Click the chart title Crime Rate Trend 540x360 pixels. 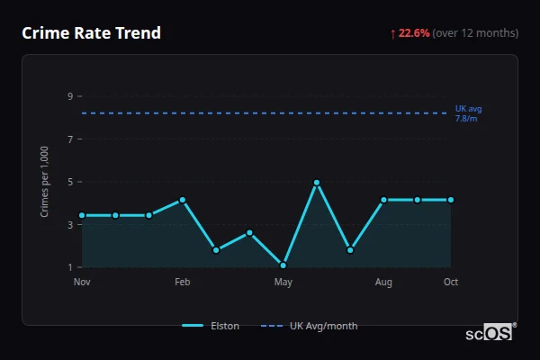92,33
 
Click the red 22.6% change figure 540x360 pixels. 415,33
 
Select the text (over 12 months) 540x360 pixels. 475,33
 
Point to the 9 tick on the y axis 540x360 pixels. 69,96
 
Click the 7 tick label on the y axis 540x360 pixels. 69,139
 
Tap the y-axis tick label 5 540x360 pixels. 69,182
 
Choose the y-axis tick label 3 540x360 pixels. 69,225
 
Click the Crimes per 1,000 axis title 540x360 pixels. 45,183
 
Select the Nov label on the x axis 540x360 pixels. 82,283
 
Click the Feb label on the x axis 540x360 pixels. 182,283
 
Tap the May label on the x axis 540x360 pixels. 283,283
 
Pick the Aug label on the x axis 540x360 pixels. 383,283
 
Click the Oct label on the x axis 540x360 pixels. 451,283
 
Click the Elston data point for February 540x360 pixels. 182,200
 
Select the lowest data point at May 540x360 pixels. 283,265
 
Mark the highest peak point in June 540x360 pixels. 317,183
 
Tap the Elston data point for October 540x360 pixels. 451,200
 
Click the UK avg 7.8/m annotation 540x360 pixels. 467,113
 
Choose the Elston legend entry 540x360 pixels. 211,326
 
